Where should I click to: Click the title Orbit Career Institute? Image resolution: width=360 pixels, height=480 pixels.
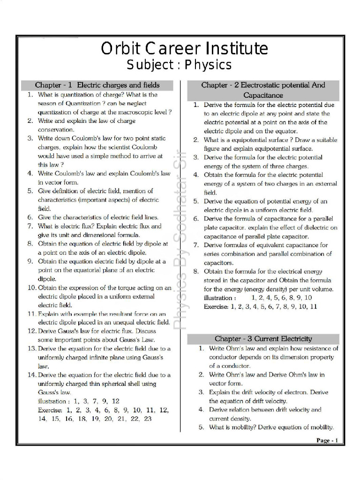coord(184,49)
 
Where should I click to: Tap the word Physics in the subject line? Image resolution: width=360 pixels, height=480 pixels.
coord(208,65)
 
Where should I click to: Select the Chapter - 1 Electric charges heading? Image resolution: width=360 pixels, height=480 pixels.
coord(97,85)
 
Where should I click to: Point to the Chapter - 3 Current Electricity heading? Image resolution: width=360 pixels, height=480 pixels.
coord(263,338)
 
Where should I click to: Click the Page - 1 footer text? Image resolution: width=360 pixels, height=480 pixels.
coord(330,440)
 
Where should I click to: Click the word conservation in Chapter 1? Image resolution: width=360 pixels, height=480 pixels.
coord(56,129)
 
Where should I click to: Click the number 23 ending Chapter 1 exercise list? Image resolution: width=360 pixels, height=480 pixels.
coord(147,419)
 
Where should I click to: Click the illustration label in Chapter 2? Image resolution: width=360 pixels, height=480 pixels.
coord(220,298)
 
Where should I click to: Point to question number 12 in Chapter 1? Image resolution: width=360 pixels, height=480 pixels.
coord(31,331)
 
